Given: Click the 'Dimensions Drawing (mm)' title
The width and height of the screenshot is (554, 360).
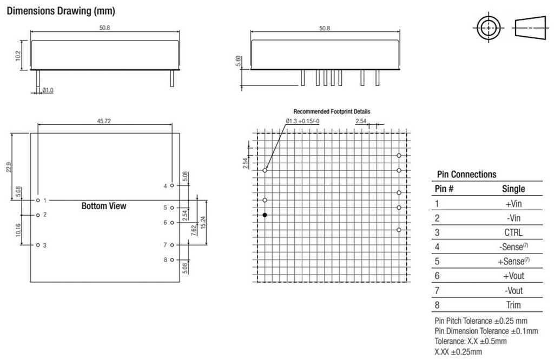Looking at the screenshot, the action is point(61,11).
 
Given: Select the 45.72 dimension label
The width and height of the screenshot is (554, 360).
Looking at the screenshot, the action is point(104,121).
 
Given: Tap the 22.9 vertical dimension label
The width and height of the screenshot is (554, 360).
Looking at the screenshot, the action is point(9,167).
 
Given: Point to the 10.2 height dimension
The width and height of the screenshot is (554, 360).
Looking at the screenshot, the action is point(18,56).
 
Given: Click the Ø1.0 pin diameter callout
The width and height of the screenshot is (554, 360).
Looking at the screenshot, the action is point(48,90).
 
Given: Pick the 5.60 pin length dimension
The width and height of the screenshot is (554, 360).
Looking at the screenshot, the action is point(239,61).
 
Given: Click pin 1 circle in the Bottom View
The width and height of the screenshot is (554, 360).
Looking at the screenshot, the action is point(38,201).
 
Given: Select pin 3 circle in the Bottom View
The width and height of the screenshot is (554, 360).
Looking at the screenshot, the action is point(38,245).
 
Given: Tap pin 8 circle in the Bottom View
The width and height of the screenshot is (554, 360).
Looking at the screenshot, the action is point(172,260).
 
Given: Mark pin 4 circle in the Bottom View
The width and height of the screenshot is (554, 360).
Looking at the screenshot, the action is point(172,185).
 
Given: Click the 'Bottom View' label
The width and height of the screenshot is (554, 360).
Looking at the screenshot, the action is point(104,206).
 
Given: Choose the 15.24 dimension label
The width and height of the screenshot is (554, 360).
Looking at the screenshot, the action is point(203,222).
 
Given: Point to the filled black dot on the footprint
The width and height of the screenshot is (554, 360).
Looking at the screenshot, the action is point(265,215).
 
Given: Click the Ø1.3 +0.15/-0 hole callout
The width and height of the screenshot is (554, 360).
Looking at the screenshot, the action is point(303,122).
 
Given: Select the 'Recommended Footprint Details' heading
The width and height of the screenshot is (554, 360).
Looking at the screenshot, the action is point(332,111).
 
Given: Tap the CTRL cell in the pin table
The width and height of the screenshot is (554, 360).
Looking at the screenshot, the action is point(513,232).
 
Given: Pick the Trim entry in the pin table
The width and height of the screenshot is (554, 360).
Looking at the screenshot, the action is point(513,305).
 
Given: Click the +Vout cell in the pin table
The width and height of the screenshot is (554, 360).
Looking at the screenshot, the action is point(513,276).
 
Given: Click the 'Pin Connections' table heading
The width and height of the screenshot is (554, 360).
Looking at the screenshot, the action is point(466,175).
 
